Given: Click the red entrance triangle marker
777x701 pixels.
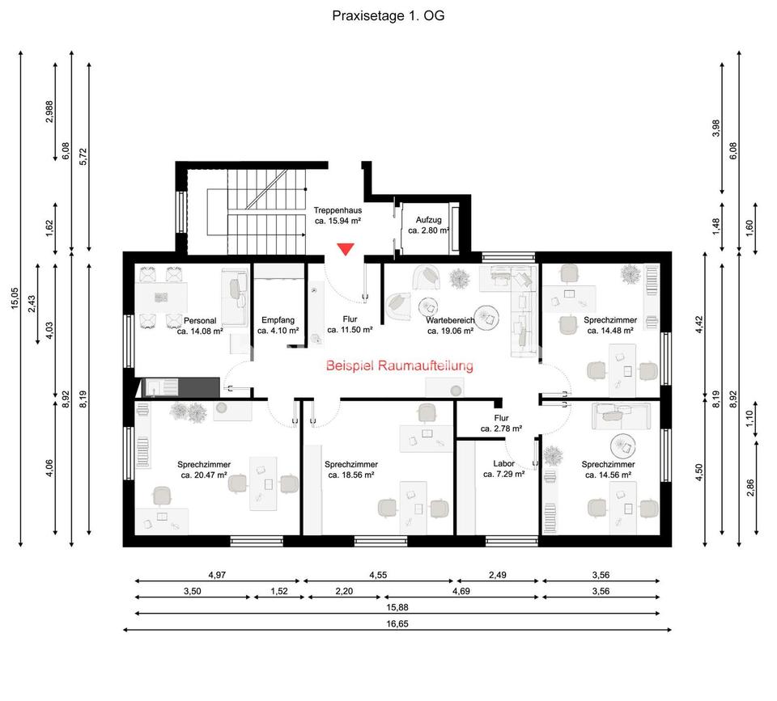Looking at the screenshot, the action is point(346,250).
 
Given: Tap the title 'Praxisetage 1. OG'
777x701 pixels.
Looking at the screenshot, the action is point(388,15).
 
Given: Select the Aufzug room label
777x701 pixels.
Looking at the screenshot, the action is point(428,220).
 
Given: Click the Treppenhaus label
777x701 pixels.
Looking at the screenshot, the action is point(338,210).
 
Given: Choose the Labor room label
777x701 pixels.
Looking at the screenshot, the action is point(503,464).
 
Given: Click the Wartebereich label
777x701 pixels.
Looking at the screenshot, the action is point(450,320).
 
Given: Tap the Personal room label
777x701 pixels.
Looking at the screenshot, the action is point(200,320).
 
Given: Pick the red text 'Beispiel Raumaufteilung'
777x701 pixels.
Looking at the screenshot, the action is point(399,366).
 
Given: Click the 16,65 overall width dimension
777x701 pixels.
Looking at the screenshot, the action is point(397,623).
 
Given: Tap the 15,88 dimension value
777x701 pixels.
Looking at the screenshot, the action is point(397,607).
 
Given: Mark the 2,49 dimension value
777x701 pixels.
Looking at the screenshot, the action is point(499,575).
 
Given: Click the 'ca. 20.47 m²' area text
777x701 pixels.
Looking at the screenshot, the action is point(204,475).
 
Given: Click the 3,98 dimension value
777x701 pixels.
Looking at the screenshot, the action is point(715,128).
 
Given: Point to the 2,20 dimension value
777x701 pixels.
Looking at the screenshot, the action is point(345,591).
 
